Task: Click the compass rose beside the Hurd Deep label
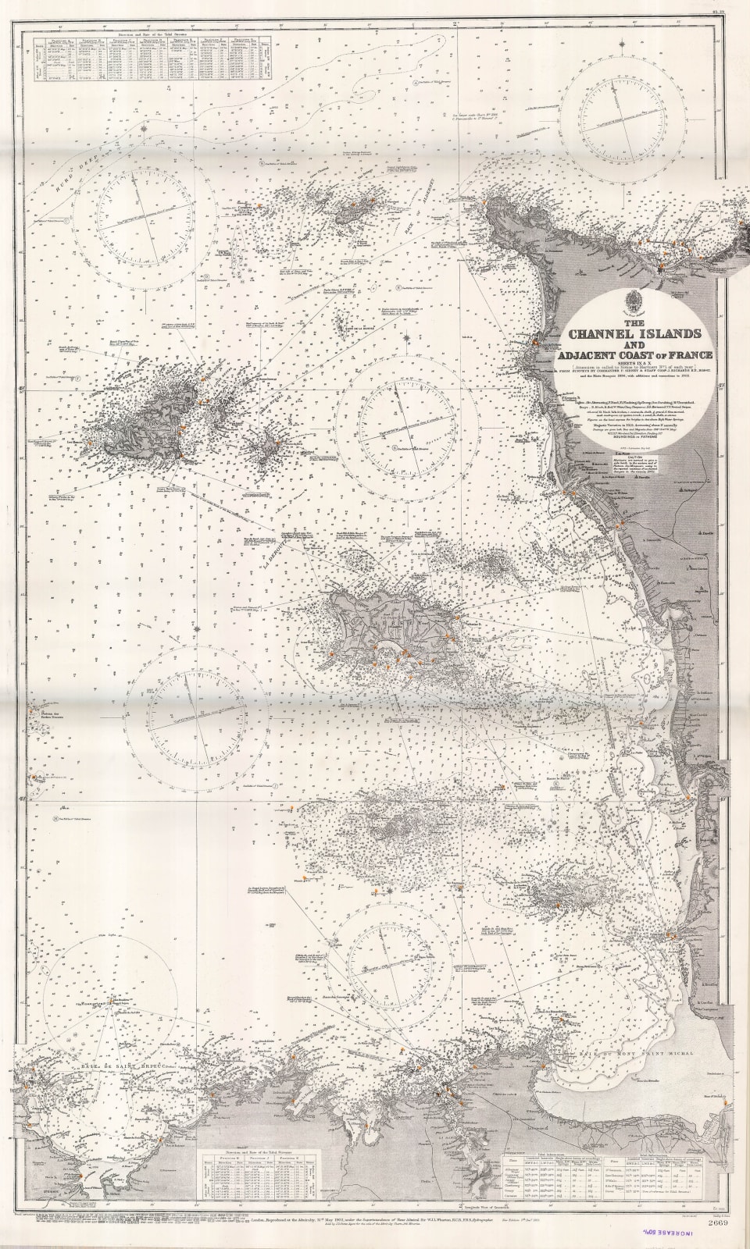click(145, 212)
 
